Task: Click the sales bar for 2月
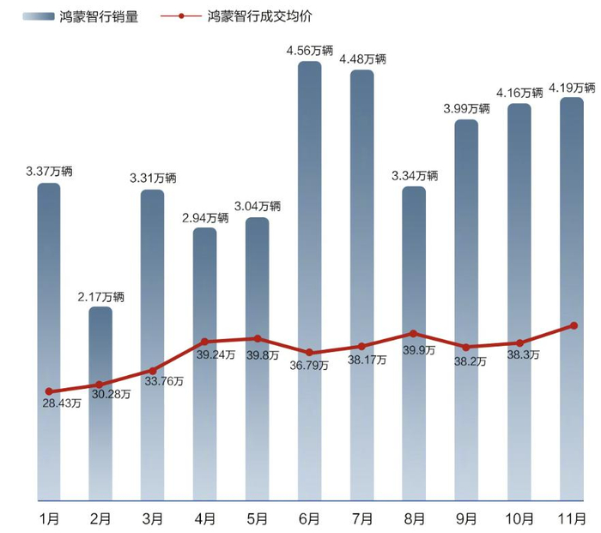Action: point(100,403)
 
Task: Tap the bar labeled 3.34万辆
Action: point(414,343)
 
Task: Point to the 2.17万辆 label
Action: point(100,297)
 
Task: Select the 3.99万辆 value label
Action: point(466,108)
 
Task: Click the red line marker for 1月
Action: point(49,391)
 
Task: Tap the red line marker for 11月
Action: point(574,325)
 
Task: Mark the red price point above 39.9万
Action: point(414,333)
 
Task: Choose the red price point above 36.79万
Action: point(309,353)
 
